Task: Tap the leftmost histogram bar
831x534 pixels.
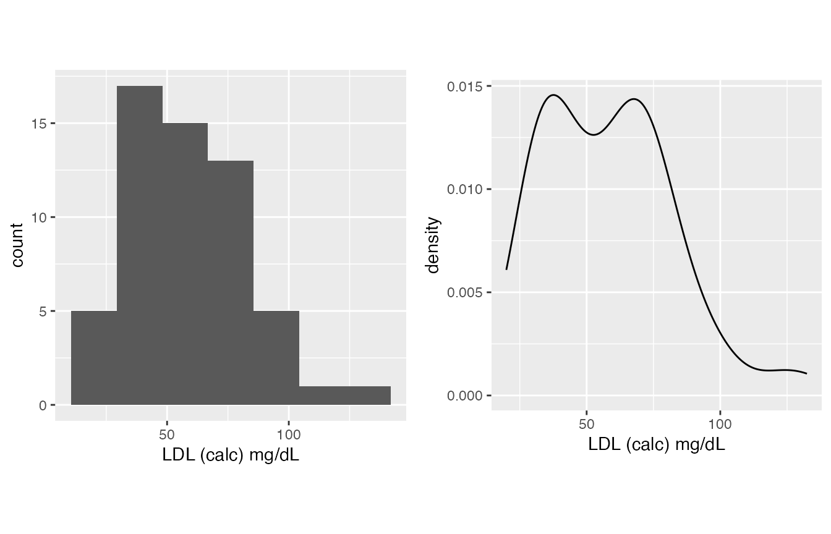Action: coord(94,358)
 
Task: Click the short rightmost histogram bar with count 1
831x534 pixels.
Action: coord(345,396)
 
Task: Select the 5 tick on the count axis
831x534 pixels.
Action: coord(42,311)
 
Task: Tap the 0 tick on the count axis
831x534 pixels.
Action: coord(42,405)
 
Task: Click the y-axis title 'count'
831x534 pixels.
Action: coord(17,245)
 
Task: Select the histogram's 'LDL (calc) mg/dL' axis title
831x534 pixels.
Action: coord(231,455)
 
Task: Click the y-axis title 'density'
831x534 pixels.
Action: coord(433,245)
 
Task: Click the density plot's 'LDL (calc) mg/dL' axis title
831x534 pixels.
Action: coord(657,444)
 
